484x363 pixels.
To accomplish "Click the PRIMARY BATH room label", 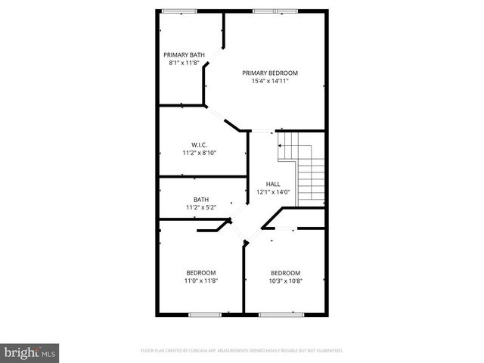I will (185, 54).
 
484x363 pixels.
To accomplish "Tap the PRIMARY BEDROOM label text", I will (270, 73).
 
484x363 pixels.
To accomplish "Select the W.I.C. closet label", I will (199, 144).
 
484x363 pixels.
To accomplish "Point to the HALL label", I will (273, 184).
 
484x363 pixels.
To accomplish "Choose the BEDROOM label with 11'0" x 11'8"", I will (201, 273).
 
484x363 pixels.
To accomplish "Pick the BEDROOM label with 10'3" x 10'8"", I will (286, 273).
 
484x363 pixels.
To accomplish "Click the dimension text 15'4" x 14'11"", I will (270, 81).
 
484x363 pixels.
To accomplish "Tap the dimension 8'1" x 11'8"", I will (185, 63).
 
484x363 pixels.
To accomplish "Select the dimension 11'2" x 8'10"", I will (199, 153).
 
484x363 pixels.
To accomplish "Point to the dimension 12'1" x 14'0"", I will (273, 192).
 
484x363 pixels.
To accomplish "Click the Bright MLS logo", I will (29, 352).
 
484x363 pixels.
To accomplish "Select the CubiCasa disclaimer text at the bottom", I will (242, 351).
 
